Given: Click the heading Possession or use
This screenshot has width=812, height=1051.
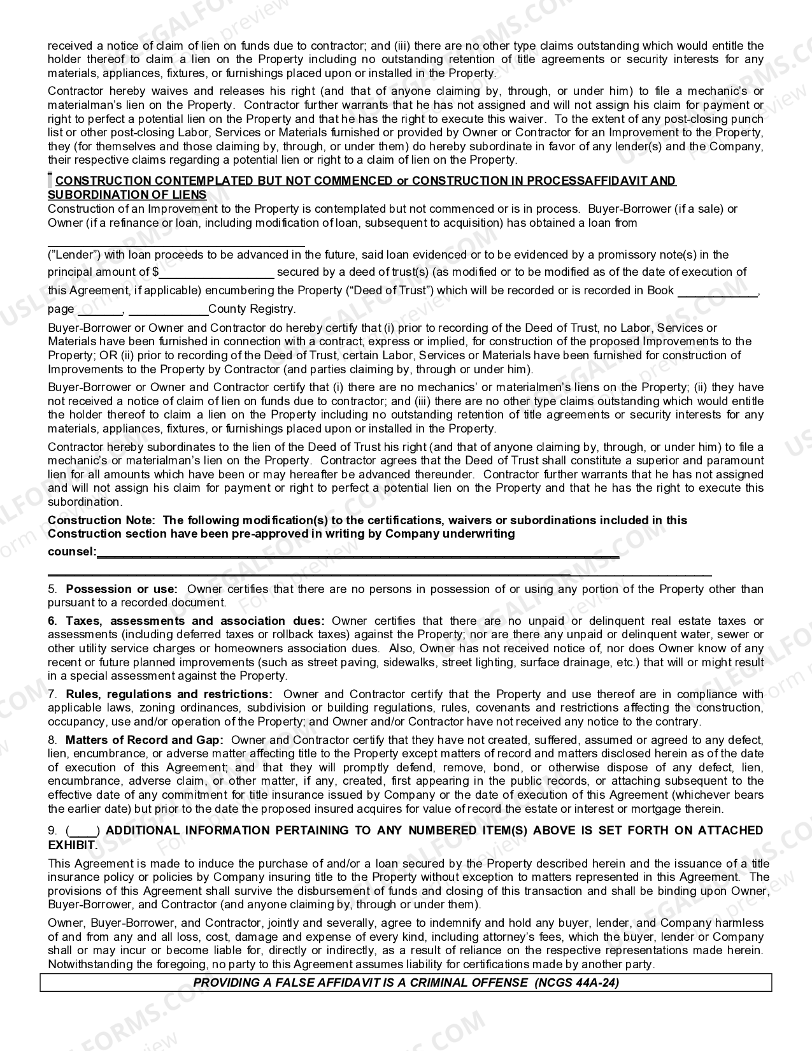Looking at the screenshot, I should pyautogui.click(x=122, y=589).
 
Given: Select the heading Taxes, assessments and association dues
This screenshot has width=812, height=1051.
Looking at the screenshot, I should pyautogui.click(x=195, y=621).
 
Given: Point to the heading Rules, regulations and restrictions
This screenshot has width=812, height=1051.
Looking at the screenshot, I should pyautogui.click(x=169, y=694).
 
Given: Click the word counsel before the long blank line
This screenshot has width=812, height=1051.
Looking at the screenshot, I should pyautogui.click(x=71, y=552).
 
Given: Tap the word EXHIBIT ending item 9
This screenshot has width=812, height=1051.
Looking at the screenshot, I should pyautogui.click(x=72, y=845).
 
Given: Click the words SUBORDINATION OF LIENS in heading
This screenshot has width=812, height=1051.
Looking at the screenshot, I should pyautogui.click(x=127, y=195).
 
